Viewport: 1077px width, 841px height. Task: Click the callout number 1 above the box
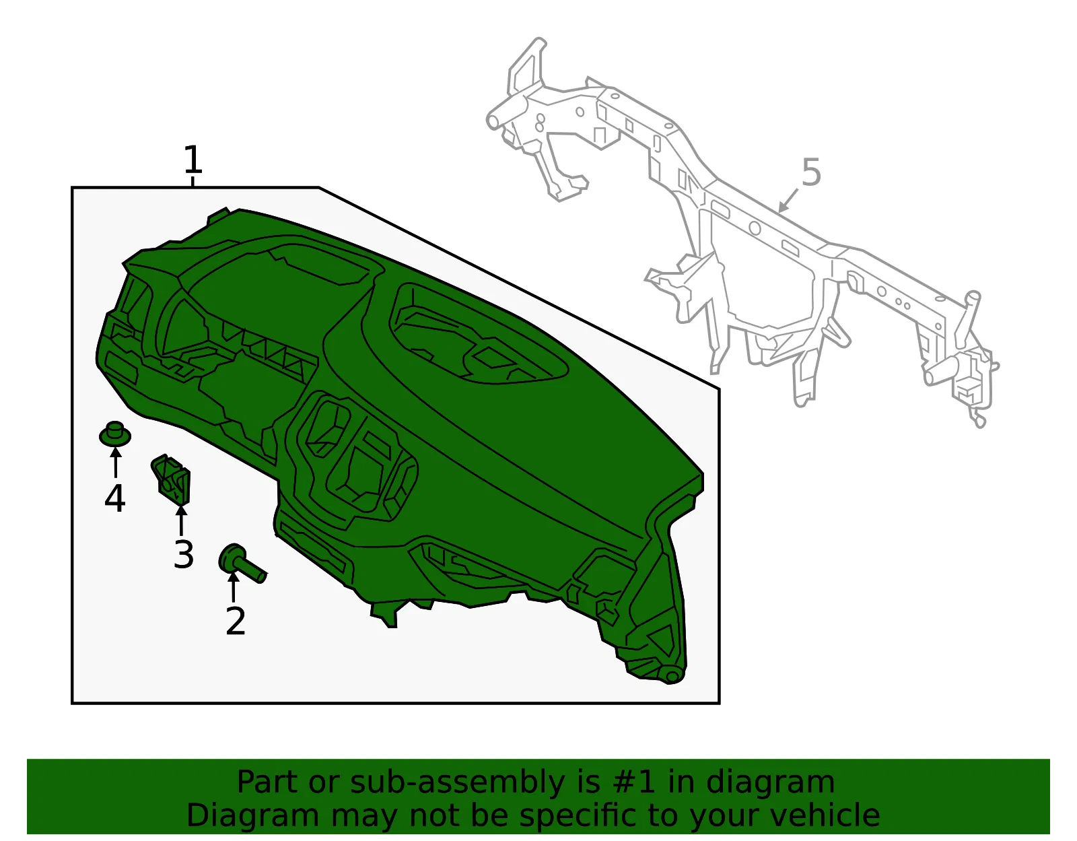point(193,159)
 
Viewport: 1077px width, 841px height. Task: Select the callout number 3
point(183,554)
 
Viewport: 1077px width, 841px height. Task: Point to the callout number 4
point(115,498)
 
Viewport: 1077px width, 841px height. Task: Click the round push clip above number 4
point(115,434)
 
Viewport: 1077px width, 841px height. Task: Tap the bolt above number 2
point(242,564)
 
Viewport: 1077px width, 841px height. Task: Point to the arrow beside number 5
point(788,201)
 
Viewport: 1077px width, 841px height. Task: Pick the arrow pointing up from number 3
point(181,517)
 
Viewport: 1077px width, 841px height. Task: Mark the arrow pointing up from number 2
point(233,586)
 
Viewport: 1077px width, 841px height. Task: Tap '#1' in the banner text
point(633,782)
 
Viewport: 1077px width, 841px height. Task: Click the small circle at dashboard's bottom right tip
point(672,677)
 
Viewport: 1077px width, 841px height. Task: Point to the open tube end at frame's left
point(493,121)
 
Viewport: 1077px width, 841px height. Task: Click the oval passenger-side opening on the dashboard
point(479,335)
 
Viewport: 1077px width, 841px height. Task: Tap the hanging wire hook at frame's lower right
point(977,417)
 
